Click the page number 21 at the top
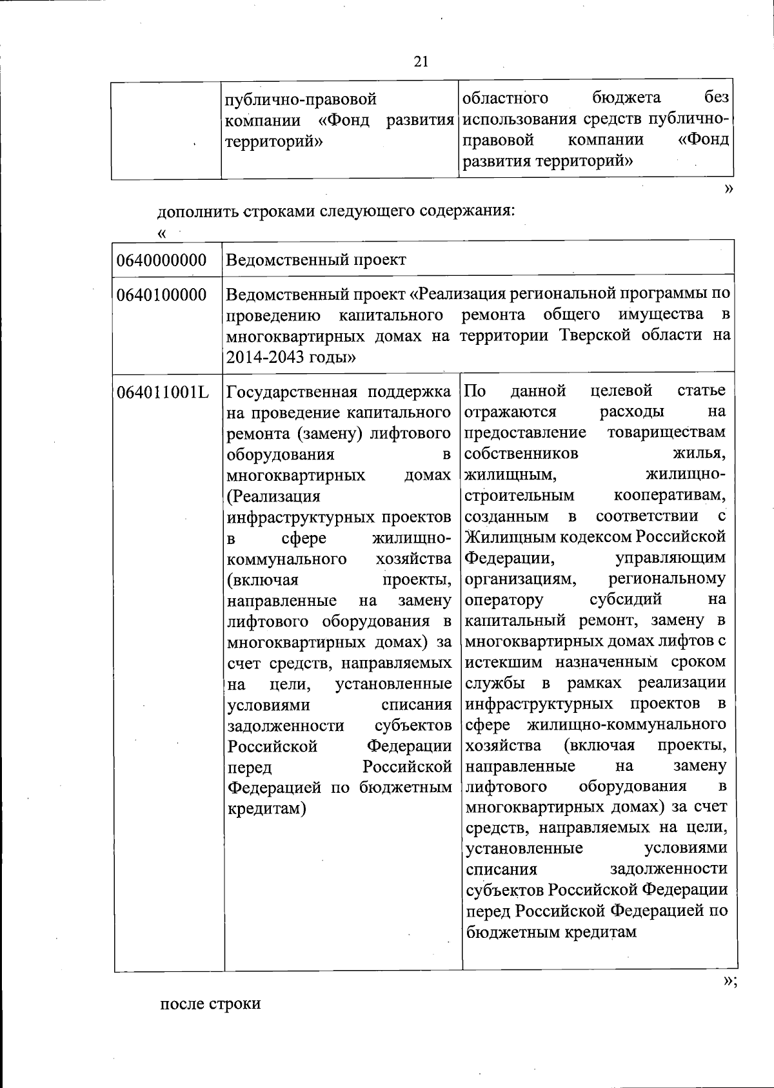tap(421, 61)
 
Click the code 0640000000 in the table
tap(162, 260)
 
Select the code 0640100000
tap(162, 295)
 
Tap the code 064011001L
tap(163, 391)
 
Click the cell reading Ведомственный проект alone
tap(317, 260)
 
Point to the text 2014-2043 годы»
tap(292, 356)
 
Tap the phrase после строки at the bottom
tap(210, 1004)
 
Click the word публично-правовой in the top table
tap(299, 100)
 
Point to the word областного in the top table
tap(506, 98)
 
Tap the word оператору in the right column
tap(504, 599)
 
